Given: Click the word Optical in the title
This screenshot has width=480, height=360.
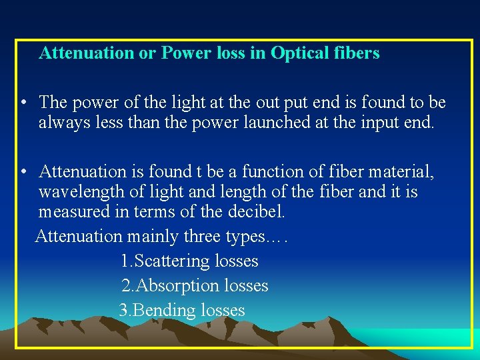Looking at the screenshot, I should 302,53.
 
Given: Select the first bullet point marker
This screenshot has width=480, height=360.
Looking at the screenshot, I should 23,103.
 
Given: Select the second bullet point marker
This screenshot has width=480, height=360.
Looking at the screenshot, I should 23,173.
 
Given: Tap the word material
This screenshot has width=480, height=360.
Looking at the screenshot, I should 403,173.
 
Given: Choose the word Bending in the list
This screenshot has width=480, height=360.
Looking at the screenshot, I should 165,311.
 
